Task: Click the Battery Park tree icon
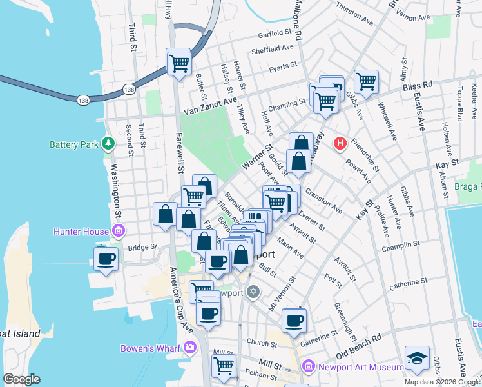[108, 143]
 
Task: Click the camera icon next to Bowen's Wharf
[189, 348]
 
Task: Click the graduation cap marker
[417, 359]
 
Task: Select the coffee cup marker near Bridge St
[106, 259]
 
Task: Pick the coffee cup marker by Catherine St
[294, 321]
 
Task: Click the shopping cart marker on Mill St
[224, 366]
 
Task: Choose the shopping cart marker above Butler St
[178, 63]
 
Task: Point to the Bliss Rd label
[418, 85]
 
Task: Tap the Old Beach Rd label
[359, 347]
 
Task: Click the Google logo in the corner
[22, 379]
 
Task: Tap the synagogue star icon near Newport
[253, 292]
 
